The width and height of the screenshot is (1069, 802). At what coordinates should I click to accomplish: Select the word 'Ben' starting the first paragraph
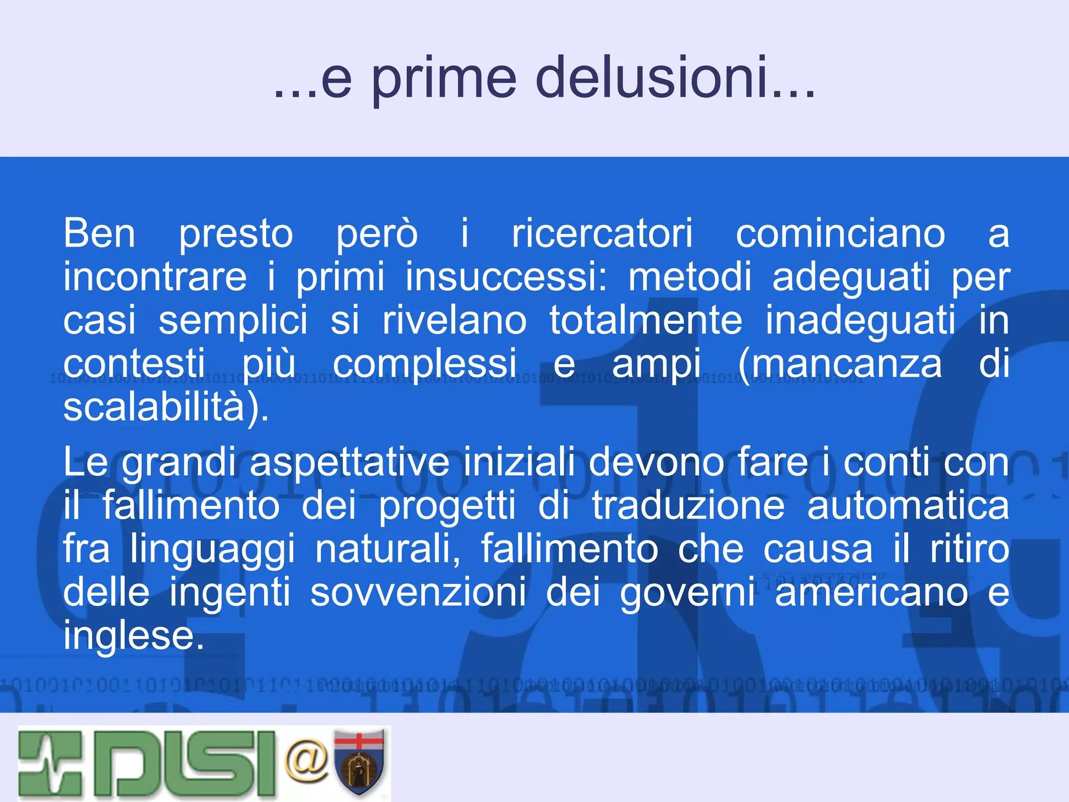[x=99, y=233]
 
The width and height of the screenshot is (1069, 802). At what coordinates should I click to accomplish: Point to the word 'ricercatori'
[x=602, y=233]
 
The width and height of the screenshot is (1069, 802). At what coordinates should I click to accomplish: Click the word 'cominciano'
[x=840, y=233]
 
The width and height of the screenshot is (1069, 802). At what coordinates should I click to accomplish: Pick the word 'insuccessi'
[x=506, y=277]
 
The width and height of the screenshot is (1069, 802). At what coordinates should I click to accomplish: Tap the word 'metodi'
[x=689, y=277]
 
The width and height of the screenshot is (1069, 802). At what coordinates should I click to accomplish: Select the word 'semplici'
[x=233, y=321]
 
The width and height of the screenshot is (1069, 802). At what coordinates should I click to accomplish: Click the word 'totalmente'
[x=646, y=320]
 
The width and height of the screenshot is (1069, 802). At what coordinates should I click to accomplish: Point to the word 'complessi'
[x=425, y=364]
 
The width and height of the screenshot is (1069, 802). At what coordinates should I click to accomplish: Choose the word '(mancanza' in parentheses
[x=840, y=364]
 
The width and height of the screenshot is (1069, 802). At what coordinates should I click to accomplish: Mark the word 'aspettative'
[x=349, y=463]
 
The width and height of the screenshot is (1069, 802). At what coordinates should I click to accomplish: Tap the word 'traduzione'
[x=688, y=505]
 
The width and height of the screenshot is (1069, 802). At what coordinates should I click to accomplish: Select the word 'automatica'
[x=908, y=505]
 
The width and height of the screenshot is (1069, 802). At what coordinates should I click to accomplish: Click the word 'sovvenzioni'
[x=418, y=593]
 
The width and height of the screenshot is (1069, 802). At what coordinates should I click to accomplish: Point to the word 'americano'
[x=871, y=593]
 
